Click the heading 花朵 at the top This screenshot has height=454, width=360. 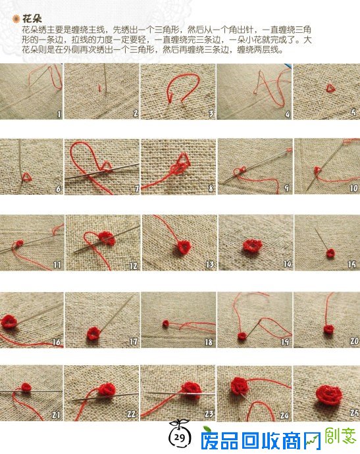(32, 19)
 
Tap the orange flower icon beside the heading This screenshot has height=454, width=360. (16, 19)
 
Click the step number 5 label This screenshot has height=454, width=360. (353, 112)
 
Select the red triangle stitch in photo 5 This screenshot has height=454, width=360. (330, 88)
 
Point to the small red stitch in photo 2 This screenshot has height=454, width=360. (100, 88)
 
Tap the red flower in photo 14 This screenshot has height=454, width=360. (253, 246)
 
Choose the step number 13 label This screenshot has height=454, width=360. (210, 265)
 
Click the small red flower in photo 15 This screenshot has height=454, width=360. (330, 253)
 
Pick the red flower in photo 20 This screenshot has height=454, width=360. (328, 329)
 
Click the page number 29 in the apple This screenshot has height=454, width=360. (180, 437)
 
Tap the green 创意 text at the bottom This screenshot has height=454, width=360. (341, 436)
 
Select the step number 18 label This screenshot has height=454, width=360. (209, 342)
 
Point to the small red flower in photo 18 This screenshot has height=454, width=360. (166, 324)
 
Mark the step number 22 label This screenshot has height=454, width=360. (132, 415)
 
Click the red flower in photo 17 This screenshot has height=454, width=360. (93, 333)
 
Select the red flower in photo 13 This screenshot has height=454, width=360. (184, 247)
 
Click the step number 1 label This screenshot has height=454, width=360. (59, 114)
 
